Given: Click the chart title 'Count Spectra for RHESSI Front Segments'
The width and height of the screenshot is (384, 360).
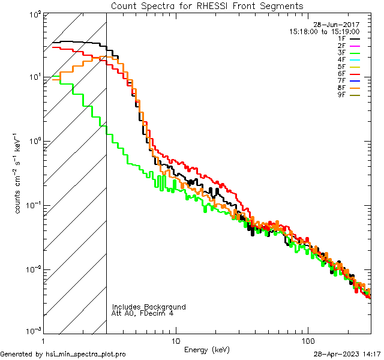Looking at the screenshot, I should [207, 6].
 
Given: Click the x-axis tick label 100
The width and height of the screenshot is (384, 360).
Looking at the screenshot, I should [308, 340].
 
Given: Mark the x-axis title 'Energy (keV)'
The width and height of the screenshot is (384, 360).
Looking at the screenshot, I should [207, 350].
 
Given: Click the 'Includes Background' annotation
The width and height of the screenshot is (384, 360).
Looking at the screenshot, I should [149, 307].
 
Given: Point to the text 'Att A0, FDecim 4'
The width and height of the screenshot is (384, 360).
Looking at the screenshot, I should [143, 314].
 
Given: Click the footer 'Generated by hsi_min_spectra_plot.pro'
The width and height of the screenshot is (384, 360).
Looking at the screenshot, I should [63, 355].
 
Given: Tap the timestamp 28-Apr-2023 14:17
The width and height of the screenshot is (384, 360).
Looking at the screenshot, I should [347, 355].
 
